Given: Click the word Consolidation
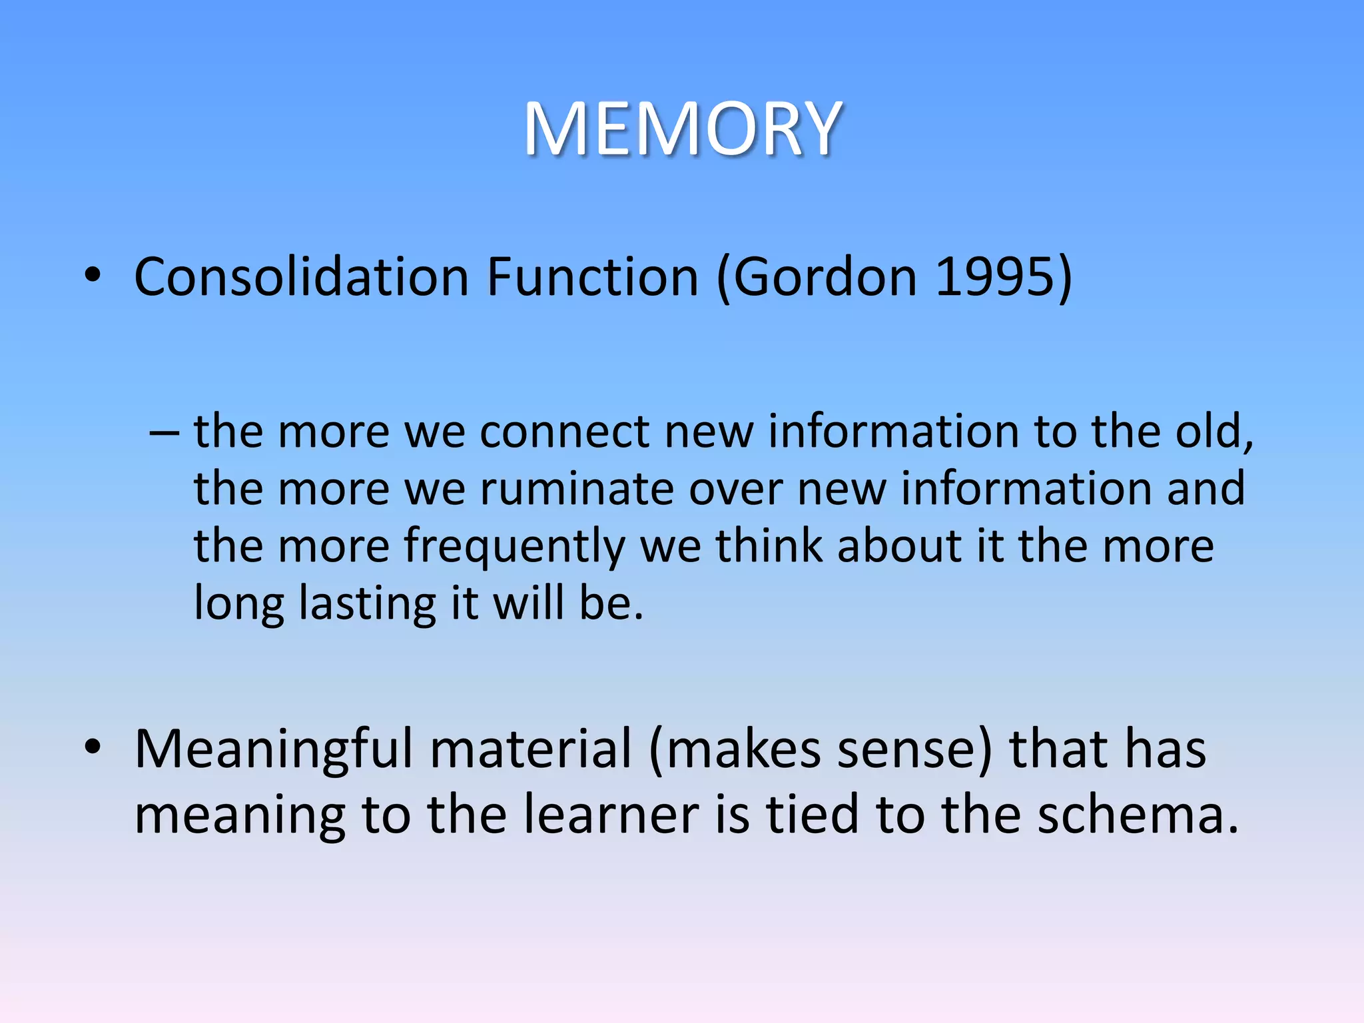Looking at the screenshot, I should [302, 277].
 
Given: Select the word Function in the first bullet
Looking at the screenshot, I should [592, 277].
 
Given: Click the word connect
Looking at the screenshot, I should [563, 432].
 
